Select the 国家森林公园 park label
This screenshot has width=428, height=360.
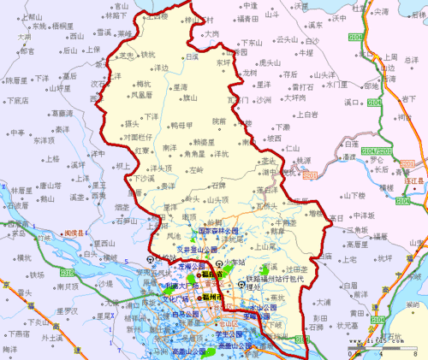click(218, 231)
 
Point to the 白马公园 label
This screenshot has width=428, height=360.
click(187, 314)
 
